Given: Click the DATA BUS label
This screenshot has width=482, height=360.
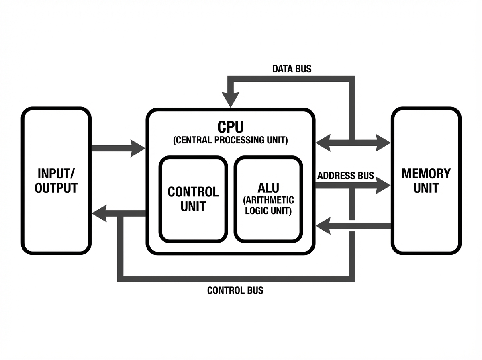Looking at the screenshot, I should (292, 69).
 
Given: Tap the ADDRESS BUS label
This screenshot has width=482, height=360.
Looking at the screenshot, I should (345, 176).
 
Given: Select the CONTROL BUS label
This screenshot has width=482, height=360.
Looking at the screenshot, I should (235, 290).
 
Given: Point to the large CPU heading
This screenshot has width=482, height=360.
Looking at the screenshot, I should (231, 127).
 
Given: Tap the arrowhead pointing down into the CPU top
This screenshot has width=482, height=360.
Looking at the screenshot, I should (231, 100).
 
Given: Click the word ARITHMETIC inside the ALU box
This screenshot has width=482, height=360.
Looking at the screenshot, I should (269, 200).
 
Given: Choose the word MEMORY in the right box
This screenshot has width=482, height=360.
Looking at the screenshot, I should (426, 174).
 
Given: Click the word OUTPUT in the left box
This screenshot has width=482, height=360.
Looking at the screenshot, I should (56, 188).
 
